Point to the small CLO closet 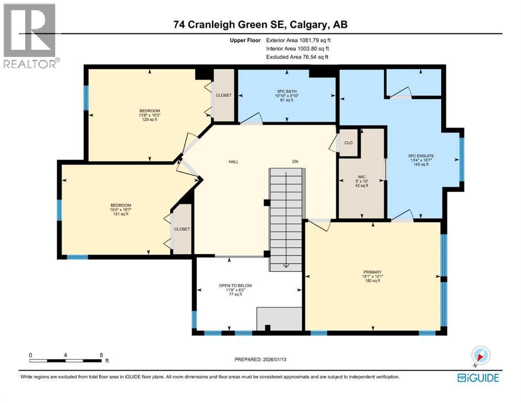[x=348, y=142]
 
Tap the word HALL [x=233, y=162]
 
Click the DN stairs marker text [x=295, y=162]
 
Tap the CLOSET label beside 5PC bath [x=224, y=95]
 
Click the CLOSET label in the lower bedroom [x=182, y=229]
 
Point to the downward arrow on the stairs [x=285, y=265]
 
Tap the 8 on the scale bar [x=100, y=355]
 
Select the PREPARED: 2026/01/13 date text [x=262, y=359]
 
